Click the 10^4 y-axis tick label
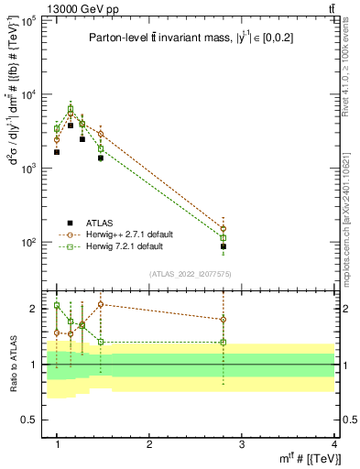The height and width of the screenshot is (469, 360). click(x=29, y=94)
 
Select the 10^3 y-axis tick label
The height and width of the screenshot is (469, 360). click(x=29, y=169)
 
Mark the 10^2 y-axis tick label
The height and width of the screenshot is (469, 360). click(x=29, y=243)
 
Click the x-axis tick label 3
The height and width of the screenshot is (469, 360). click(x=242, y=444)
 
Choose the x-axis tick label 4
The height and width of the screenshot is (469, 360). click(x=334, y=444)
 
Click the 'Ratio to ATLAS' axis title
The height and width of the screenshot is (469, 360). click(x=13, y=365)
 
